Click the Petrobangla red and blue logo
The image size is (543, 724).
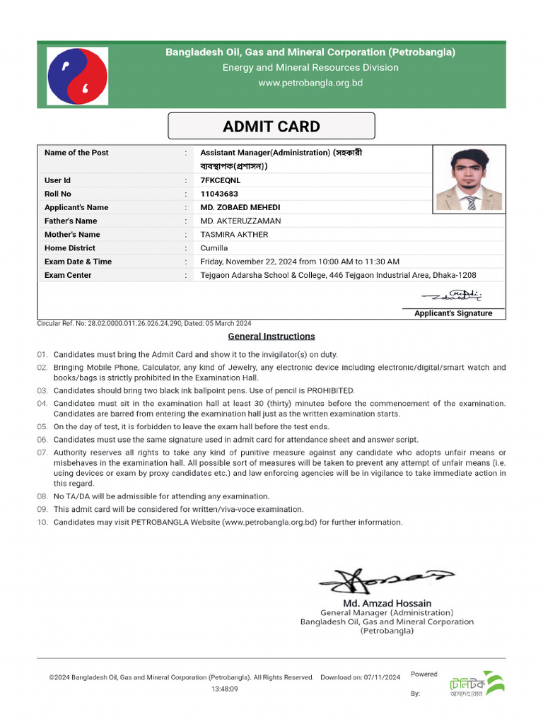(78, 76)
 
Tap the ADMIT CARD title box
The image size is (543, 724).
(271, 127)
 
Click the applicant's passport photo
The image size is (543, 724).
(469, 178)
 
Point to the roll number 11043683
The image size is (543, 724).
(219, 194)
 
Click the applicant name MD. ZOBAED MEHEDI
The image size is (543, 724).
(240, 207)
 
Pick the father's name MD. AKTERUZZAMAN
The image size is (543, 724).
(240, 221)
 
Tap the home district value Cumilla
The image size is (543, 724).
(214, 248)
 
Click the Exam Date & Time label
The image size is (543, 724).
(78, 262)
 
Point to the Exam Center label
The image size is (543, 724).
(68, 275)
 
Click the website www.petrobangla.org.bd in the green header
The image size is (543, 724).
(310, 83)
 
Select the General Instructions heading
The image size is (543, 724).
(271, 337)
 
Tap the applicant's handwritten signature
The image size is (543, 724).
(452, 295)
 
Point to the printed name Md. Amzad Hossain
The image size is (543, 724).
(387, 602)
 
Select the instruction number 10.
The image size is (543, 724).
(42, 522)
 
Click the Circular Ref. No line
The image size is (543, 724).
(144, 323)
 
